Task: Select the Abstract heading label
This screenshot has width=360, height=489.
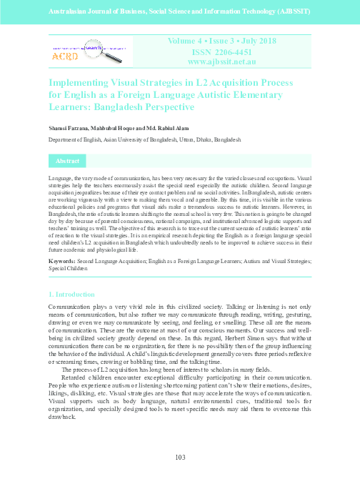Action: (x=67, y=162)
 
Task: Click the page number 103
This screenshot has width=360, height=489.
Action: (x=180, y=458)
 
